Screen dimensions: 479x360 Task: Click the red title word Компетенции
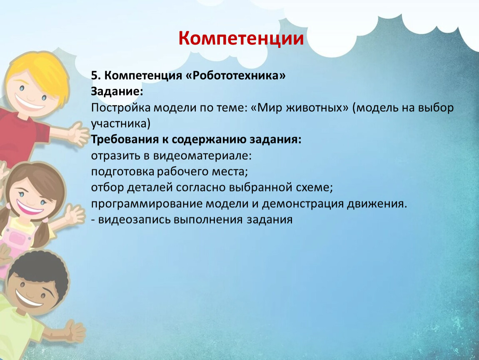(x=241, y=38)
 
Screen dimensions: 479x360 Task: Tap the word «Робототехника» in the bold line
(x=235, y=75)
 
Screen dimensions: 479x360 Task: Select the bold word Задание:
(x=117, y=91)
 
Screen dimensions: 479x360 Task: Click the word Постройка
(x=121, y=107)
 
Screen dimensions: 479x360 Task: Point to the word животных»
(x=317, y=107)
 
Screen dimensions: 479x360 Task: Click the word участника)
(x=121, y=124)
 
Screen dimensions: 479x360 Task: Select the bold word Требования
(x=125, y=139)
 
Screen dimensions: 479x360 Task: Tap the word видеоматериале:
(x=202, y=155)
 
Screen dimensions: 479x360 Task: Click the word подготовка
(x=122, y=172)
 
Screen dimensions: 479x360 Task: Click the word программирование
(x=147, y=203)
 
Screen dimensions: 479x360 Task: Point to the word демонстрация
(x=303, y=203)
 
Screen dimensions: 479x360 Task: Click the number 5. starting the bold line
(x=96, y=75)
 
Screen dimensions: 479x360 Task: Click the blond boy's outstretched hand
(x=78, y=135)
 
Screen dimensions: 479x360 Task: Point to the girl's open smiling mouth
(x=30, y=207)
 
